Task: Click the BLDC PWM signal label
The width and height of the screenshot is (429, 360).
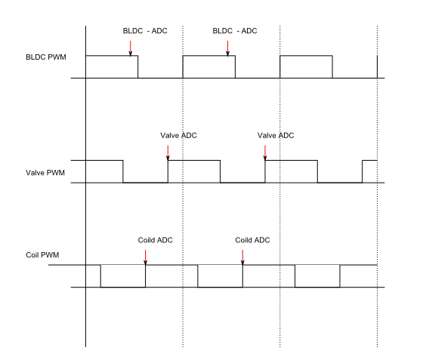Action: [46, 57]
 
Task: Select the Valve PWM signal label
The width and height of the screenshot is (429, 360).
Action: [45, 173]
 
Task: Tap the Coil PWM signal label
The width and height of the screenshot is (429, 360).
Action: [42, 255]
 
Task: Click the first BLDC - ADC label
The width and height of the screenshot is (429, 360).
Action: [145, 31]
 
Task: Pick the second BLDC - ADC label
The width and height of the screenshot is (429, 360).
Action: [235, 31]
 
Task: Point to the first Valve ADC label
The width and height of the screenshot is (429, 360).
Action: [178, 136]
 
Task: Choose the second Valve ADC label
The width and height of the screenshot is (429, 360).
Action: [276, 136]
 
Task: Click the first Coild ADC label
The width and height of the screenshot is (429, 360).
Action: [155, 240]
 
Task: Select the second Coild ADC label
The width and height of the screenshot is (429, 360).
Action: [252, 240]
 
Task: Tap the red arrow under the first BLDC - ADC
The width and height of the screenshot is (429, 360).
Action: [131, 48]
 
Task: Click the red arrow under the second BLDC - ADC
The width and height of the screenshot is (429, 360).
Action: [227, 48]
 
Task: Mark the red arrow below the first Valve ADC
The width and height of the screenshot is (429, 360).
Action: [168, 152]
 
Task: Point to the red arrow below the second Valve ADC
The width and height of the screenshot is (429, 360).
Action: [265, 152]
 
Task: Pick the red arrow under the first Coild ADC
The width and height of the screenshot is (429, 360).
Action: [145, 257]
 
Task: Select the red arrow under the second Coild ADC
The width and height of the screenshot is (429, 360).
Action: [242, 257]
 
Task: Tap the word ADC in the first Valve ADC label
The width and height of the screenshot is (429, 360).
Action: [189, 136]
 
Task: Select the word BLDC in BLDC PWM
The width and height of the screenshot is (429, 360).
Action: [35, 57]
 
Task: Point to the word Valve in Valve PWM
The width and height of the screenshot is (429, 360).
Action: [35, 173]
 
